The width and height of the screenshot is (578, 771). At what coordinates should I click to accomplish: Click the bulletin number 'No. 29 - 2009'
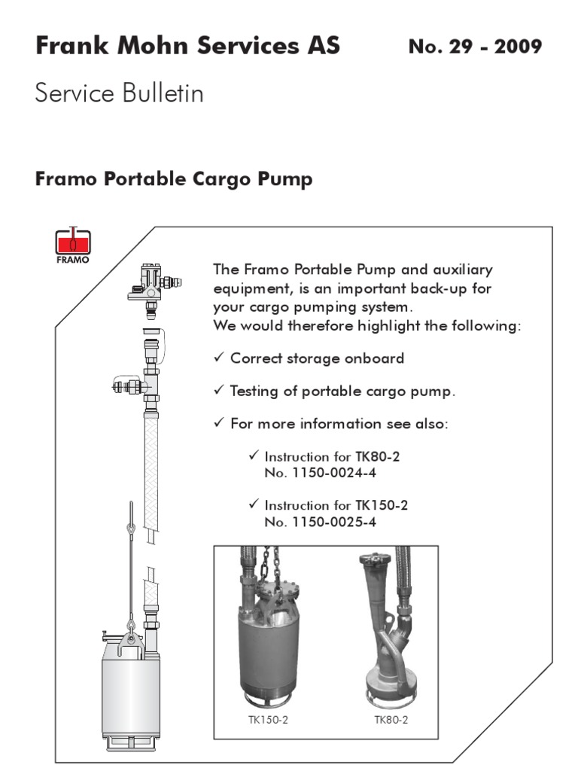pyautogui.click(x=474, y=47)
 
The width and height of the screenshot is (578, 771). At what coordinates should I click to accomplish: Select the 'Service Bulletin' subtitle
pyautogui.click(x=119, y=94)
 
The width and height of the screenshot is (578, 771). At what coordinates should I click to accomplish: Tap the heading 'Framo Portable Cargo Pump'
pyautogui.click(x=174, y=180)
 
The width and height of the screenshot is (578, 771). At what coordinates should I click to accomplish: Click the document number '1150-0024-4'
pyautogui.click(x=334, y=473)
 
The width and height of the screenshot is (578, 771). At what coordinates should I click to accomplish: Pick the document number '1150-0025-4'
pyautogui.click(x=334, y=521)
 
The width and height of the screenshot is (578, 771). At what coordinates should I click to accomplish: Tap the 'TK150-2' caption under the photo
pyautogui.click(x=268, y=719)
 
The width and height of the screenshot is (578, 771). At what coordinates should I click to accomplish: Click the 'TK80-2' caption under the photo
pyautogui.click(x=391, y=719)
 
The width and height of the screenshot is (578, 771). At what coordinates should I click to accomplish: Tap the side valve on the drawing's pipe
pyautogui.click(x=124, y=387)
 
